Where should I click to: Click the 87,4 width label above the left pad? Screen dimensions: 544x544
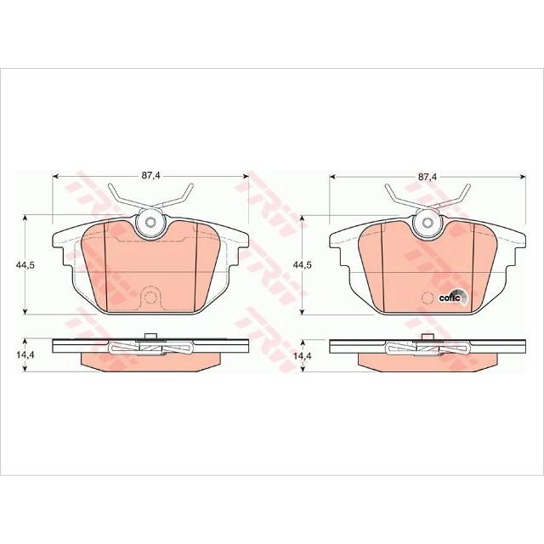(x=150, y=175)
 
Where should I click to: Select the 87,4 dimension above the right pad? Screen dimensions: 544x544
(x=427, y=175)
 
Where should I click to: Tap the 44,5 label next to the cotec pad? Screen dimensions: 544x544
(x=303, y=265)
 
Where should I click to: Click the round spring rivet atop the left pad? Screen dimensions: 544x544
(x=150, y=223)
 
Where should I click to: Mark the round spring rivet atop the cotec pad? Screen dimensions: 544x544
(x=427, y=223)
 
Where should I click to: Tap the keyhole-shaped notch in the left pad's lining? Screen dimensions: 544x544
(x=150, y=297)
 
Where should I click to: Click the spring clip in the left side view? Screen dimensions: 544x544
(x=150, y=348)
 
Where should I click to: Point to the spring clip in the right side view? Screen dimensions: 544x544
(x=427, y=348)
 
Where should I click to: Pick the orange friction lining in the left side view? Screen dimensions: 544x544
(x=150, y=361)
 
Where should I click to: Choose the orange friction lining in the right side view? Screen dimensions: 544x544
(x=427, y=361)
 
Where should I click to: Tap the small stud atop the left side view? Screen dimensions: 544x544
(x=150, y=337)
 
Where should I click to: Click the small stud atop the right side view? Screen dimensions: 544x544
(x=427, y=337)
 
